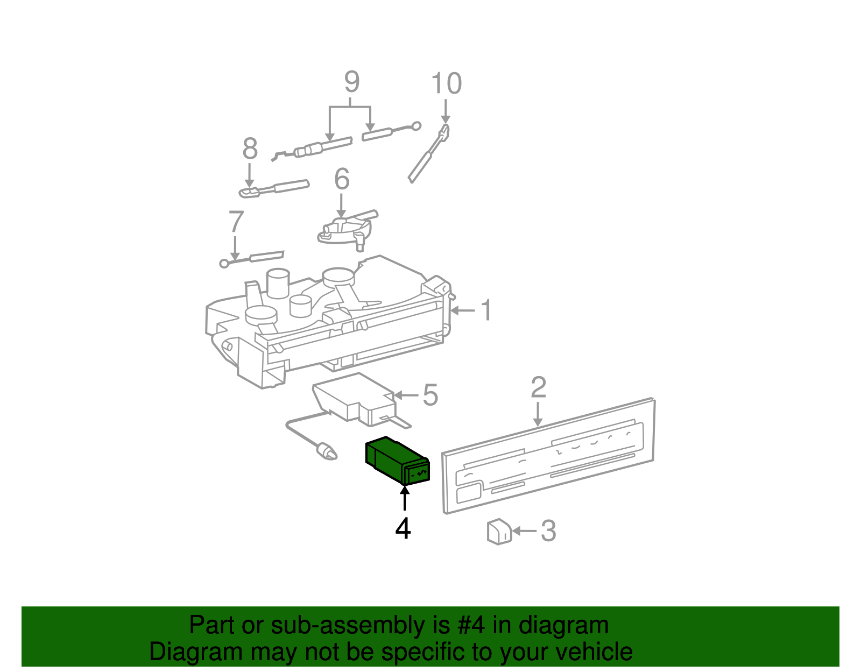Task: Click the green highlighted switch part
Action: (396, 460)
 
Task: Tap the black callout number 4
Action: (403, 529)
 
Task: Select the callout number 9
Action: (351, 82)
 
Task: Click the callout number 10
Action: (446, 84)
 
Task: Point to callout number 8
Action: (250, 148)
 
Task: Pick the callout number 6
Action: (342, 179)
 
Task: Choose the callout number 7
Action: (236, 222)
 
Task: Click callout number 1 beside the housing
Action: (486, 310)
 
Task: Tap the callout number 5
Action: (430, 395)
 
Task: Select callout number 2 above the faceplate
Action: (538, 387)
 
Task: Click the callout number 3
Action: (548, 531)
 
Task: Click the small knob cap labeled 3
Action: (499, 532)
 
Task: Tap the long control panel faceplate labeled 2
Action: (549, 457)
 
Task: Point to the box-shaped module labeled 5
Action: (350, 398)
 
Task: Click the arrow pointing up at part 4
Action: (404, 498)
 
